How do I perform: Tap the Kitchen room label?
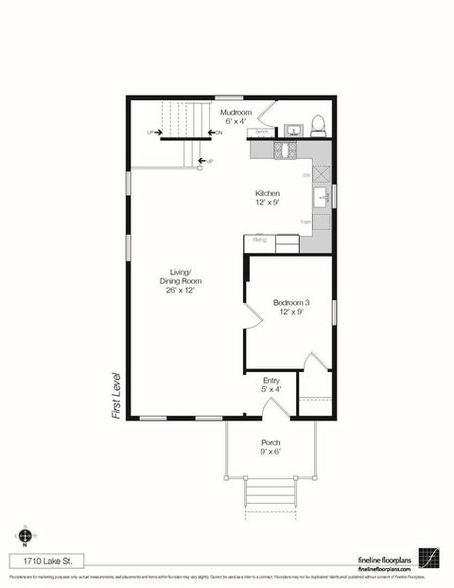click(x=267, y=197)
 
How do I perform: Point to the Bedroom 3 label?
click(x=291, y=307)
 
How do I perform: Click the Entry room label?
click(x=271, y=383)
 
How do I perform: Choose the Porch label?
click(x=271, y=446)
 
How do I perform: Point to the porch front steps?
click(x=271, y=492)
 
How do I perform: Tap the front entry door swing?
click(x=273, y=407)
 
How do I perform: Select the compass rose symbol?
click(x=25, y=535)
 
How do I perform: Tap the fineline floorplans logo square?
click(x=430, y=559)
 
